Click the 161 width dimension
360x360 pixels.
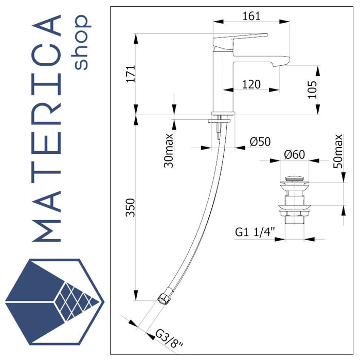[x=251, y=16]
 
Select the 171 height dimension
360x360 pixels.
[x=131, y=75]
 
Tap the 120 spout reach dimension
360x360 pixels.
[x=251, y=84]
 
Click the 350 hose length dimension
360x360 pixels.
[x=131, y=207]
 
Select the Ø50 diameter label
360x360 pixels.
[x=260, y=142]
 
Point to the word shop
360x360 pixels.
[x=81, y=43]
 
